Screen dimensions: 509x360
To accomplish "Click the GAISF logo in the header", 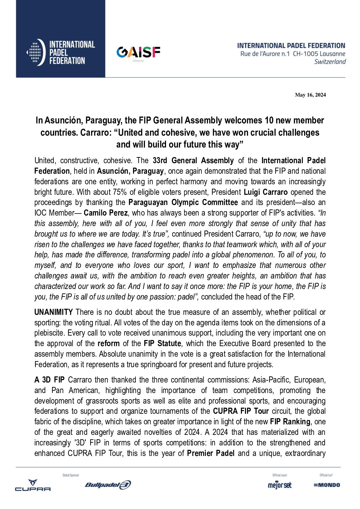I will tap(138, 52).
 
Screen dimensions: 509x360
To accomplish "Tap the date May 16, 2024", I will tap(310, 95).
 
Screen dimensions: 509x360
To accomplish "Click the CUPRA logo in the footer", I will tap(33, 485).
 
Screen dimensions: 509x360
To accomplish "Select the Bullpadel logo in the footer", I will tap(108, 485).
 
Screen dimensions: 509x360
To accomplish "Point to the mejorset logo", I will tap(280, 485).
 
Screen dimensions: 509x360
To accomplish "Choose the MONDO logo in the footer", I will tap(327, 485).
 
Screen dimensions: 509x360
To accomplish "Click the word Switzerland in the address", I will tap(330, 62).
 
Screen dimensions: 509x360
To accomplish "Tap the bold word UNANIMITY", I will tap(53, 312).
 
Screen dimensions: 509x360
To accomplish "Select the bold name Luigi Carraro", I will tap(265, 192).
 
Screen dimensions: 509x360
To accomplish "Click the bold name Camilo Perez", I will tap(105, 213).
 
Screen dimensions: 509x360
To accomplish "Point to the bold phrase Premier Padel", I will tap(211, 453).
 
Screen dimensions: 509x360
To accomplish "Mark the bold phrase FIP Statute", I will tap(162, 343).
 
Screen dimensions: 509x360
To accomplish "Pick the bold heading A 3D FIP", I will tap(49, 380).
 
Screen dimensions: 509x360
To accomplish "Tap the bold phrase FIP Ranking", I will tap(290, 422).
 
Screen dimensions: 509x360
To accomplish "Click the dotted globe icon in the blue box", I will tap(35, 52).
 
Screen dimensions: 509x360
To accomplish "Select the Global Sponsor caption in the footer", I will tap(71, 475).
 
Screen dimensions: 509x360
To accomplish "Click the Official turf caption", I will tap(326, 475).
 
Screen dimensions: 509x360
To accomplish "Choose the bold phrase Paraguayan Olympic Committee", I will tap(183, 203).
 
